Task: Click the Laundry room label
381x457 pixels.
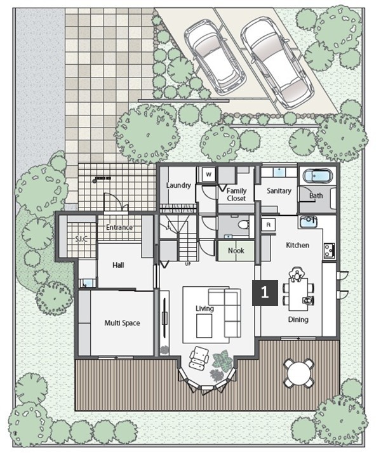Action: click(178, 185)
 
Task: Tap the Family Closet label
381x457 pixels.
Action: click(236, 194)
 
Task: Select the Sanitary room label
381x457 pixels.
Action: click(279, 191)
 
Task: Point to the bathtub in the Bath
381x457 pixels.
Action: click(317, 176)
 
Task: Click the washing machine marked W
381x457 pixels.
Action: click(209, 175)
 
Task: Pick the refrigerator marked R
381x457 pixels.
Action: click(269, 225)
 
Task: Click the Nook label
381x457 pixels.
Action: click(236, 251)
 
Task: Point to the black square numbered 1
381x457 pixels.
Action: click(265, 293)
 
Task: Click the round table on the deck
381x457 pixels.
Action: click(299, 373)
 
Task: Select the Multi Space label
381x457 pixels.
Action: click(122, 323)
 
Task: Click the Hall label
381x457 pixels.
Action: click(118, 265)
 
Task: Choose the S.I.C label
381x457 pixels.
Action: click(81, 239)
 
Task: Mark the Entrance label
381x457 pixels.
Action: click(119, 227)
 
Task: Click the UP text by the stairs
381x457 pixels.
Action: click(188, 264)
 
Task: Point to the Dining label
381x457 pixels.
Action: click(298, 320)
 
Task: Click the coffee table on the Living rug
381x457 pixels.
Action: click(204, 326)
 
